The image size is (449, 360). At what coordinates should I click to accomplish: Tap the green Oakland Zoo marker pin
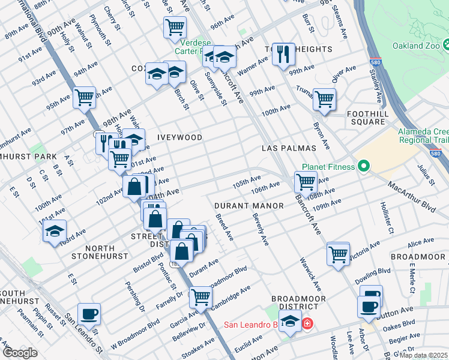[448, 46]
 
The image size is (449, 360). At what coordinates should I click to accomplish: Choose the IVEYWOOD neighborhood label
[179, 137]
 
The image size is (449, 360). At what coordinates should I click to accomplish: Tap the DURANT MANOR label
[249, 206]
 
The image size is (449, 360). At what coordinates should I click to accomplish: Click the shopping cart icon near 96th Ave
[175, 27]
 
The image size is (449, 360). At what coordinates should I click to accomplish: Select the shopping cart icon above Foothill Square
[324, 99]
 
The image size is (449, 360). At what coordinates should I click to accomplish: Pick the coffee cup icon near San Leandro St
[89, 314]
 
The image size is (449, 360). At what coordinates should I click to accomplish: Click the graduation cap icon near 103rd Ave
[55, 232]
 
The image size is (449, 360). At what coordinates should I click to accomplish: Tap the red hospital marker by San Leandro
[308, 324]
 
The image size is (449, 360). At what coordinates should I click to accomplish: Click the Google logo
[20, 353]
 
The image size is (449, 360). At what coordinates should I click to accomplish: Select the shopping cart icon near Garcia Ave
[200, 296]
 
